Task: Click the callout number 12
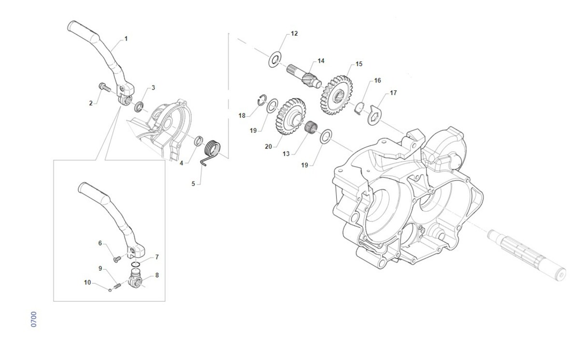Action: [x=294, y=34]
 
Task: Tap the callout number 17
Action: [x=393, y=93]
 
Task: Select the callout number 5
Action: [x=193, y=184]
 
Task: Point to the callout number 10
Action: [x=87, y=282]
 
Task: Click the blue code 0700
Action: [x=34, y=319]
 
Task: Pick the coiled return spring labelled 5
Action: [x=211, y=152]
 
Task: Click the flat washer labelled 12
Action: [x=275, y=59]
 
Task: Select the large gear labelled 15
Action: [x=337, y=95]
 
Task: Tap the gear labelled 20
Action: [x=291, y=116]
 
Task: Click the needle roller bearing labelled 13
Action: [x=311, y=127]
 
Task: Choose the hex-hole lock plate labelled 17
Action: [x=374, y=115]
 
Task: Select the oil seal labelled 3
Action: [x=139, y=107]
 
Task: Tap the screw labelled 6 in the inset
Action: [x=117, y=259]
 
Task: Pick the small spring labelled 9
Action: [x=117, y=286]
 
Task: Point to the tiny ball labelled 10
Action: [x=110, y=290]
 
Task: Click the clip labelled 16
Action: [x=359, y=109]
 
